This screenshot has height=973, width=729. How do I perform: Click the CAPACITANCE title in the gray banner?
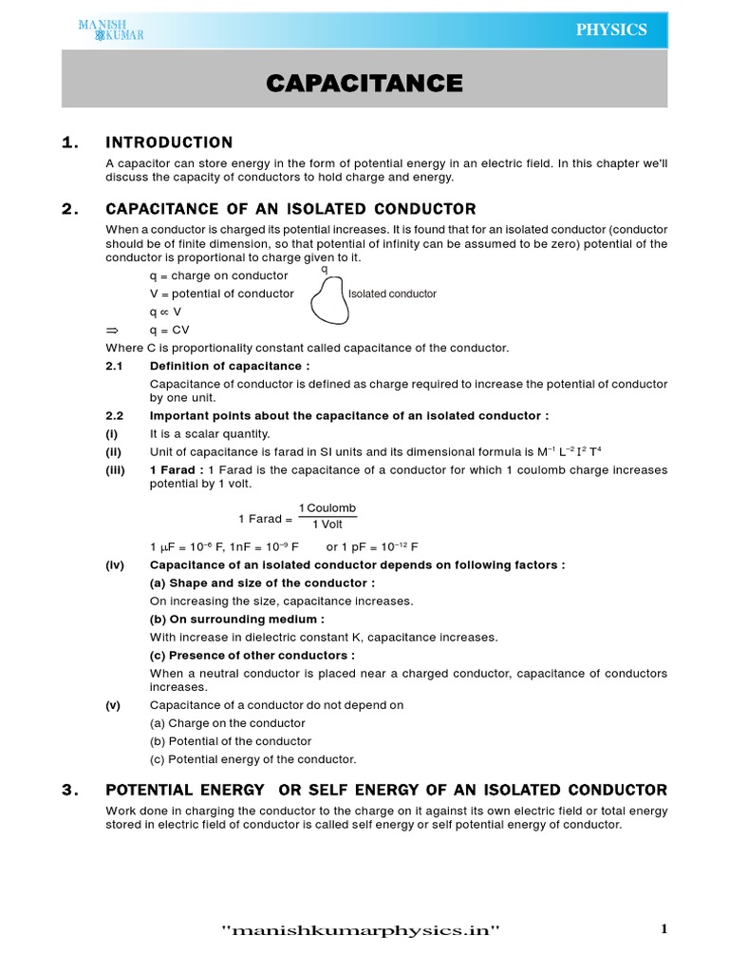click(364, 84)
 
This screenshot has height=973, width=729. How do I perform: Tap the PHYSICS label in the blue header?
click(611, 29)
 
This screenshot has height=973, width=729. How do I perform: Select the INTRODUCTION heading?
click(169, 143)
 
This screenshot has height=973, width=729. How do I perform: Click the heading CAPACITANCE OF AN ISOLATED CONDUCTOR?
click(290, 209)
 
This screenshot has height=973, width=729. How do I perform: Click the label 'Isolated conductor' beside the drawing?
click(392, 294)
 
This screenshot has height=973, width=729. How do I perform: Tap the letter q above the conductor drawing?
click(325, 269)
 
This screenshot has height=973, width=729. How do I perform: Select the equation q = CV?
click(171, 330)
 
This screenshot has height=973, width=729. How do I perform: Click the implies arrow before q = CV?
click(111, 330)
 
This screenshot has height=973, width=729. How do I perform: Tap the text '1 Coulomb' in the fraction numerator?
click(327, 508)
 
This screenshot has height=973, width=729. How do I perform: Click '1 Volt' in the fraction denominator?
click(327, 525)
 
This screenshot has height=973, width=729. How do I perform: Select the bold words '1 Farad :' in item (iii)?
click(176, 470)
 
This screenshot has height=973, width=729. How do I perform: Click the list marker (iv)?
click(115, 564)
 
